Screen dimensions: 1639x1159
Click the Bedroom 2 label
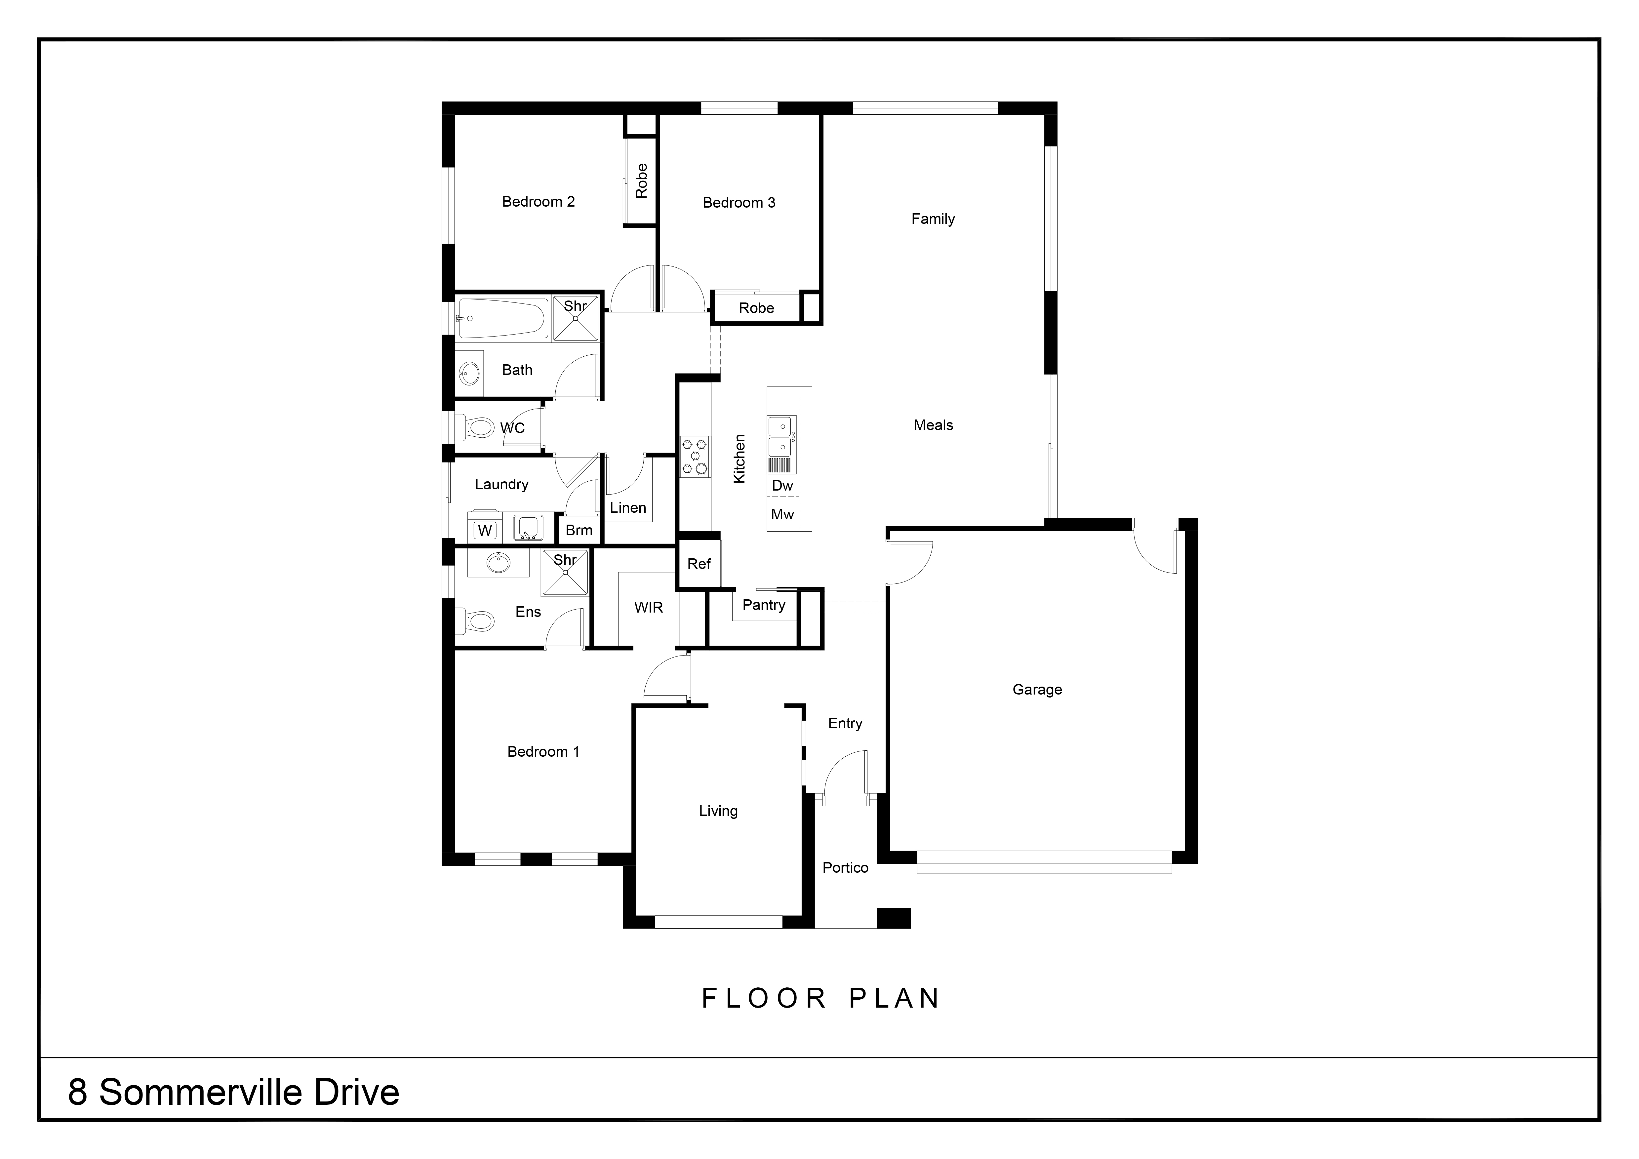538,202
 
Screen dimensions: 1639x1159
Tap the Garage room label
1037,689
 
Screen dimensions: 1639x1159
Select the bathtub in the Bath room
503,318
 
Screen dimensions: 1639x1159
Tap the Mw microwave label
782,515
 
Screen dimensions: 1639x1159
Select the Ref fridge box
699,564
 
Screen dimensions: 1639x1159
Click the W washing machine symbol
485,530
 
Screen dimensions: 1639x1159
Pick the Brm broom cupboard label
579,530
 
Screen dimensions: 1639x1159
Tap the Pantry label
764,605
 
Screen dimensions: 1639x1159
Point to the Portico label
845,868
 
